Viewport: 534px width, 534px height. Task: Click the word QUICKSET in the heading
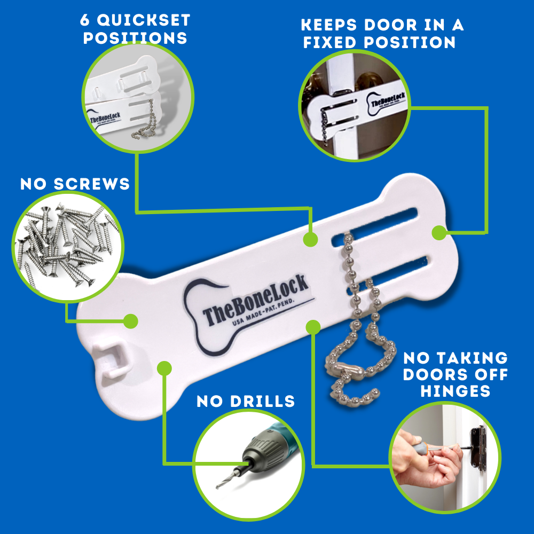pyautogui.click(x=144, y=20)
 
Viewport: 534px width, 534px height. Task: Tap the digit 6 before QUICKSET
pyautogui.click(x=85, y=20)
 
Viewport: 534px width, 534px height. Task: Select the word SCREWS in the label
pyautogui.click(x=92, y=184)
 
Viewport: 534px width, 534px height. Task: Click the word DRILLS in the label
pyautogui.click(x=262, y=401)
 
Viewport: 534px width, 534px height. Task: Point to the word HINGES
pyautogui.click(x=456, y=391)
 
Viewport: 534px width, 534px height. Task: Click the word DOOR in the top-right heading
pyautogui.click(x=391, y=25)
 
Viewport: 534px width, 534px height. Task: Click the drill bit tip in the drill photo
pyautogui.click(x=217, y=488)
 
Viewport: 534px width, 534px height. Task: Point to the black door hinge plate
pyautogui.click(x=478, y=449)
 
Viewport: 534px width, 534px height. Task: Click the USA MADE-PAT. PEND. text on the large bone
pyautogui.click(x=263, y=312)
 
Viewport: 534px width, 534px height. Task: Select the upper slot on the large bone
pyautogui.click(x=375, y=226)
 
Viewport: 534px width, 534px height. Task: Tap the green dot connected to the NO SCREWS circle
pyautogui.click(x=130, y=321)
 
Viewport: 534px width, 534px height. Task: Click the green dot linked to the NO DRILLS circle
pyautogui.click(x=164, y=368)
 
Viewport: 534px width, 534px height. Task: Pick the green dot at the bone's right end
pyautogui.click(x=439, y=233)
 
